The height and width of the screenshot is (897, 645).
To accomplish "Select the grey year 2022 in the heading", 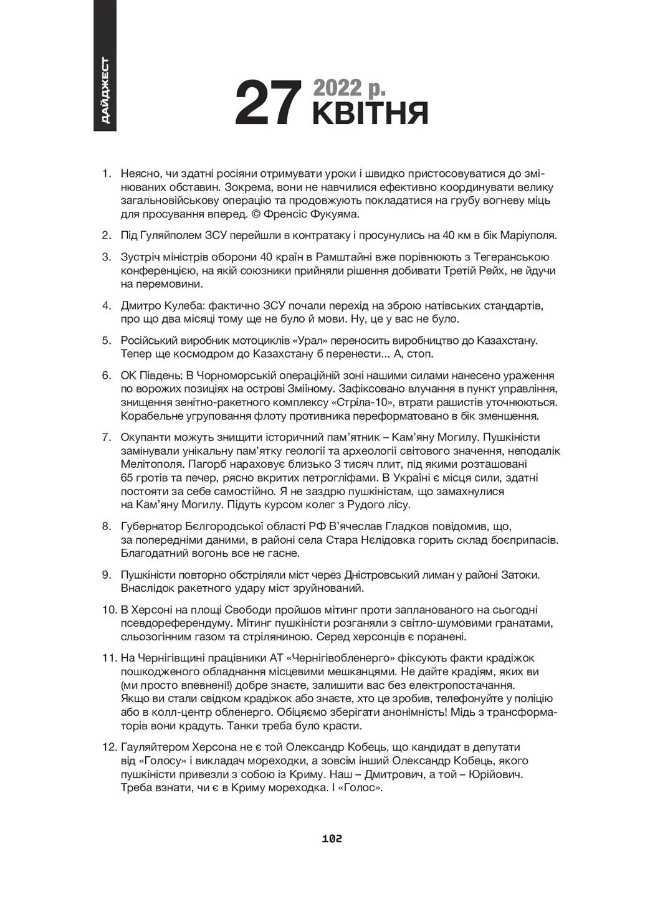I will [x=338, y=87].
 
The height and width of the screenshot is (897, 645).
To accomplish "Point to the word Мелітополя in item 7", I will [x=148, y=464].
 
